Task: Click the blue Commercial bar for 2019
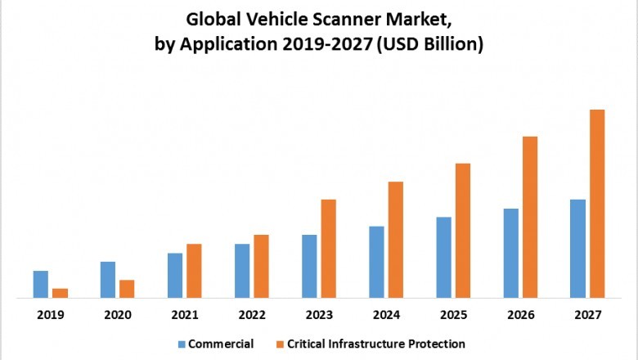click(x=41, y=284)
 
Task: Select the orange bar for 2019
click(x=60, y=293)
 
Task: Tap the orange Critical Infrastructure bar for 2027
click(x=597, y=204)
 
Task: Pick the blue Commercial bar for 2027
click(x=577, y=249)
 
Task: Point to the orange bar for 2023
click(x=328, y=249)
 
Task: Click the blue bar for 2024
click(x=376, y=262)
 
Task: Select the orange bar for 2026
click(x=530, y=217)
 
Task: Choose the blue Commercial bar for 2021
click(x=175, y=276)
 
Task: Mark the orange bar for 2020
click(x=127, y=289)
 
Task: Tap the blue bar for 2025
click(x=443, y=258)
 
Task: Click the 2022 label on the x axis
click(x=252, y=315)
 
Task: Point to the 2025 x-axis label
click(x=453, y=315)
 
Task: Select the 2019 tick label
click(x=50, y=315)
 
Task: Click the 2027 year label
click(x=587, y=315)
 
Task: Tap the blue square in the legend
click(x=182, y=344)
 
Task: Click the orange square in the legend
click(x=280, y=344)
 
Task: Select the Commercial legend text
click(x=220, y=344)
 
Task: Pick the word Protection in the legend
click(x=438, y=344)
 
